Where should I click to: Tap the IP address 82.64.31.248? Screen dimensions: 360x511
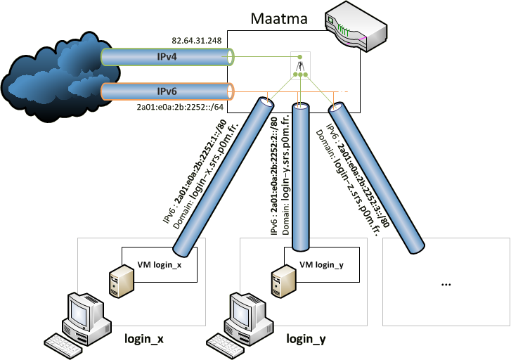click(197, 41)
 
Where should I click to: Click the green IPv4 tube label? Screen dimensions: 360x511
click(166, 56)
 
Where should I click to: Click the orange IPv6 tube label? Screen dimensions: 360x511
click(167, 91)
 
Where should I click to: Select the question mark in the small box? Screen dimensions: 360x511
click(300, 66)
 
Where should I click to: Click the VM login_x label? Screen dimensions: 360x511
click(159, 265)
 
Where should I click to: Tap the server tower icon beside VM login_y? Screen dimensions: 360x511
click(279, 280)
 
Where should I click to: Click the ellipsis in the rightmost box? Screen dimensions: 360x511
click(446, 283)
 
